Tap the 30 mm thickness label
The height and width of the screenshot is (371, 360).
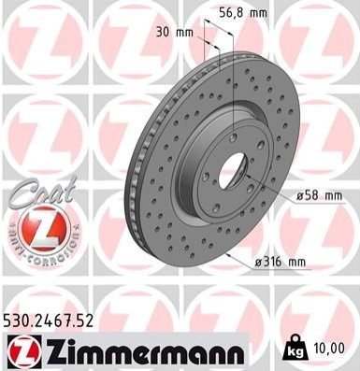175,32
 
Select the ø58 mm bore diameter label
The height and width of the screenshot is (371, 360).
319,196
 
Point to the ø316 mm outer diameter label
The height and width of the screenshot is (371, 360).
281,262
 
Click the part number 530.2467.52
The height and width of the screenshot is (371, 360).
49,321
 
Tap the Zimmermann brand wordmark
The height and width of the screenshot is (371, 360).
146,351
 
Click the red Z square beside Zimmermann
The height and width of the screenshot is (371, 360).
24,351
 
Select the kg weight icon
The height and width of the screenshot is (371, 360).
295,349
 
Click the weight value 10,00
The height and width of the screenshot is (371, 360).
331,349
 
